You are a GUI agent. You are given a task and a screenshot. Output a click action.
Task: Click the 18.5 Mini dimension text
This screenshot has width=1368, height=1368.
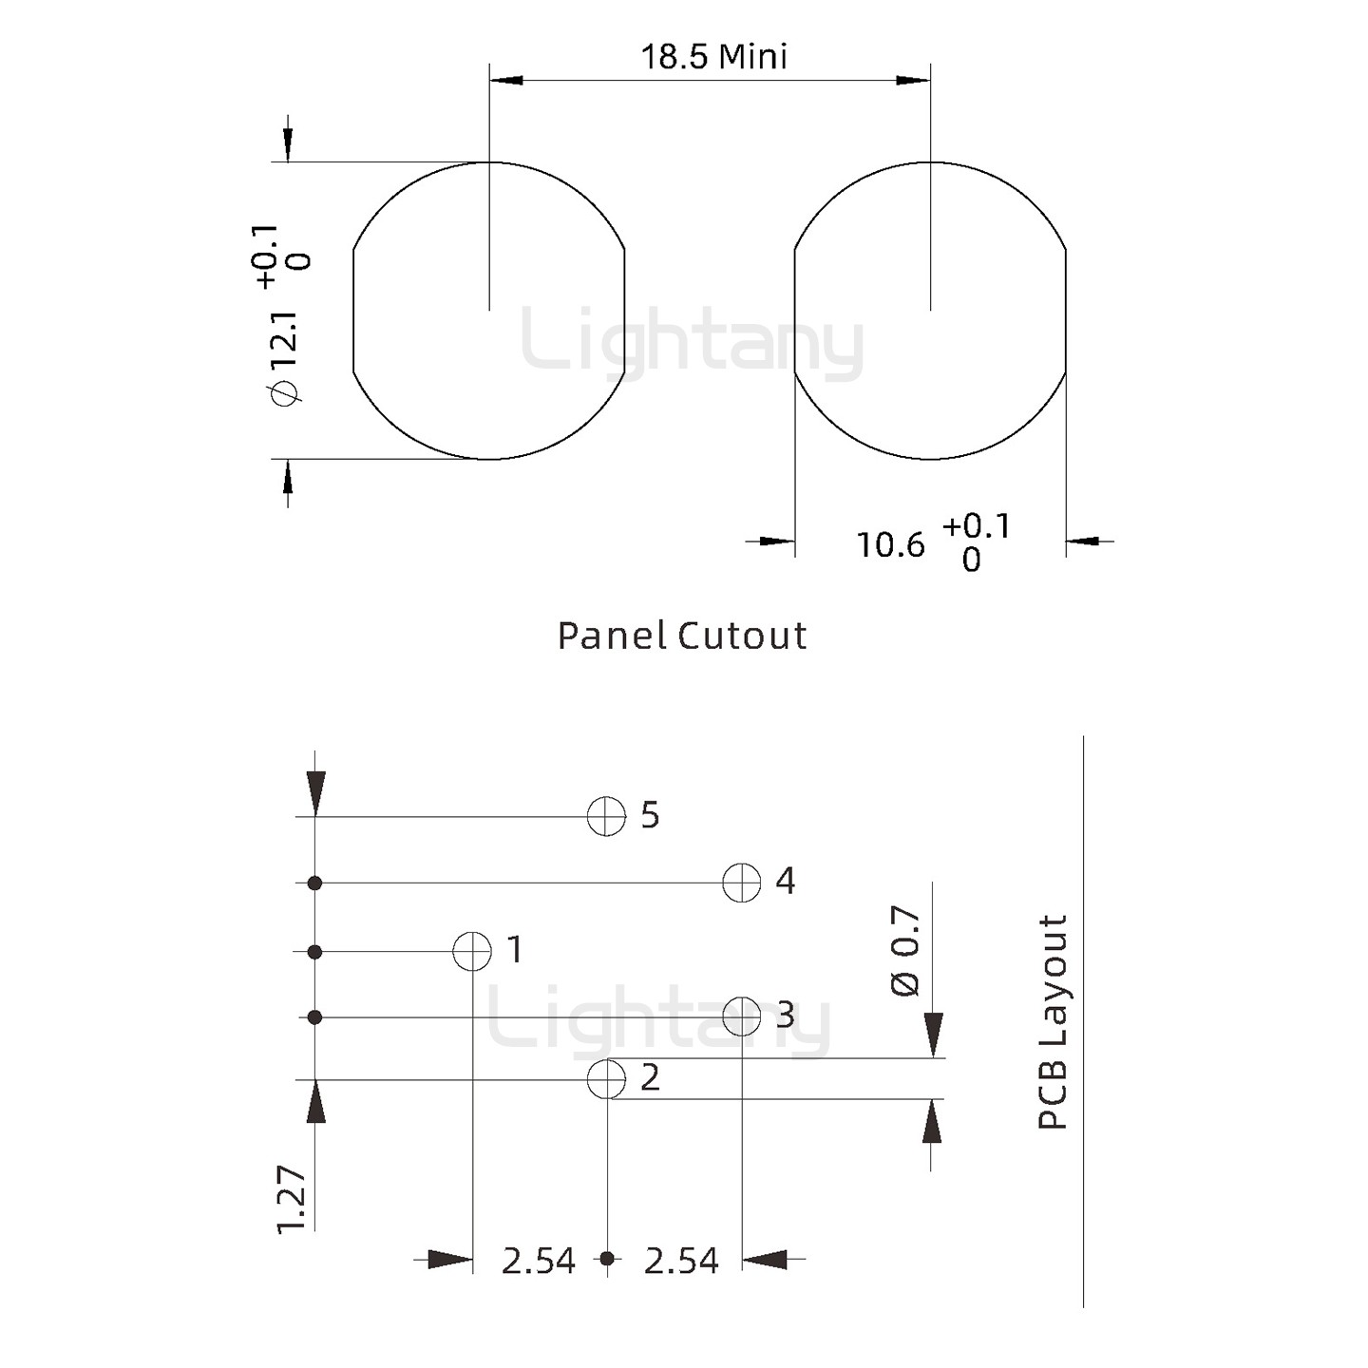click(x=714, y=56)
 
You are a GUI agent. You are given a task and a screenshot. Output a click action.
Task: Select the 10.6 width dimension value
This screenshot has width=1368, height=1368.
click(x=891, y=545)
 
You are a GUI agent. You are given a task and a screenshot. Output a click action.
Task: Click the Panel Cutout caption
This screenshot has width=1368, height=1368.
click(x=681, y=636)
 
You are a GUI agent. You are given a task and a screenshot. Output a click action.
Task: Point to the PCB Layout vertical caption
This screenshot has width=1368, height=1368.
click(x=1052, y=1021)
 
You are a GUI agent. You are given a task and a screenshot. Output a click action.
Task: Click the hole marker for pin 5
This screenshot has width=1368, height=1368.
click(x=607, y=816)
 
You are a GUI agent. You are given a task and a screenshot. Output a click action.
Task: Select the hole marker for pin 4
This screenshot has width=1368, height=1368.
click(x=742, y=883)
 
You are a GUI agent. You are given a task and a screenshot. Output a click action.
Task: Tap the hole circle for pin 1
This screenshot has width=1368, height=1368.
click(x=472, y=951)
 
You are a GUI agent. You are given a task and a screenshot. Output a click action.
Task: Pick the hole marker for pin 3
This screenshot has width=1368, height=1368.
click(x=742, y=1016)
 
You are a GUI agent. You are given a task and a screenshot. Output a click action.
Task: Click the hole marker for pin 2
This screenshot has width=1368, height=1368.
click(x=607, y=1080)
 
